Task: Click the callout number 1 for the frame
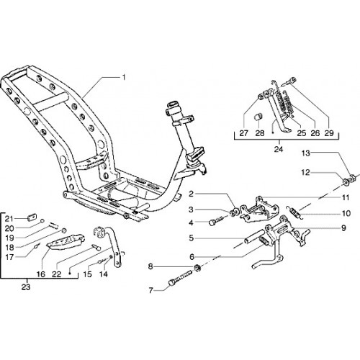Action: tap(124, 77)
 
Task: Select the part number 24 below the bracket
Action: tap(279, 149)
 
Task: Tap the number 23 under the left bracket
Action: tap(26, 287)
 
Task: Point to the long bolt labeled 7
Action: tap(181, 278)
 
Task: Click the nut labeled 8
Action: tap(197, 267)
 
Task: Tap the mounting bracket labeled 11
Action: tap(259, 210)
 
